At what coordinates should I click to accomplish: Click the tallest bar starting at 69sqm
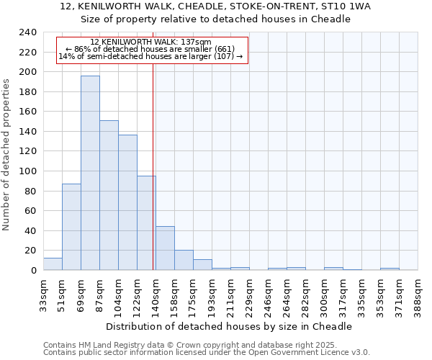pyautogui.click(x=90, y=173)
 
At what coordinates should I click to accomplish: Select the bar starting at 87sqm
pyautogui.click(x=109, y=195)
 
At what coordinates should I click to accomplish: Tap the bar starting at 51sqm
pyautogui.click(x=71, y=227)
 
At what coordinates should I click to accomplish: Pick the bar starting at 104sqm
pyautogui.click(x=127, y=202)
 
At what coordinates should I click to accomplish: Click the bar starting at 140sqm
pyautogui.click(x=165, y=248)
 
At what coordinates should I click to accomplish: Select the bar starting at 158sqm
pyautogui.click(x=184, y=260)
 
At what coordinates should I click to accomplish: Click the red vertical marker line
pyautogui.click(x=153, y=166)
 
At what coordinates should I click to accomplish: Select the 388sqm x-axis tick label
pyautogui.click(x=418, y=294)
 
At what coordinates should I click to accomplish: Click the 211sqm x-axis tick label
pyautogui.click(x=231, y=294)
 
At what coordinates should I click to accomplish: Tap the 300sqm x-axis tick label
pyautogui.click(x=325, y=294)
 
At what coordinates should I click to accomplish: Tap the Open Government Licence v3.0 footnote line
pyautogui.click(x=206, y=353)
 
